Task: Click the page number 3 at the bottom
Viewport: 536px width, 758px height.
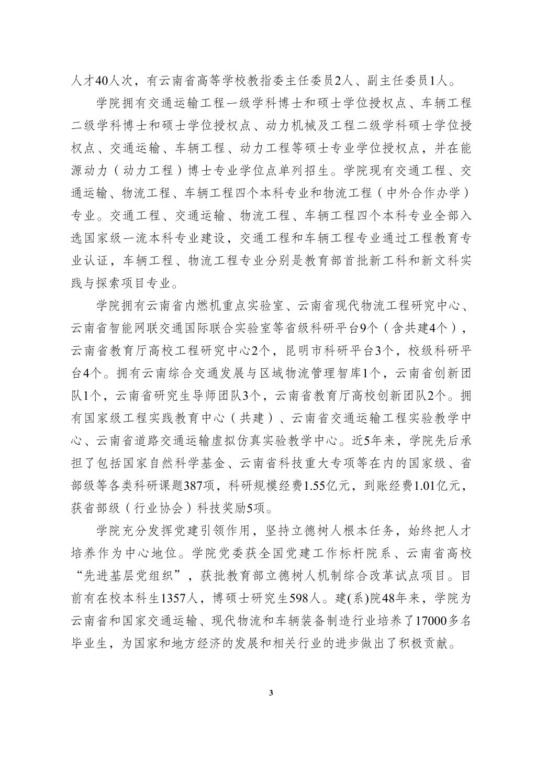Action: (271, 693)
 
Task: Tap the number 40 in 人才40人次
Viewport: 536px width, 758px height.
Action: (103, 81)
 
